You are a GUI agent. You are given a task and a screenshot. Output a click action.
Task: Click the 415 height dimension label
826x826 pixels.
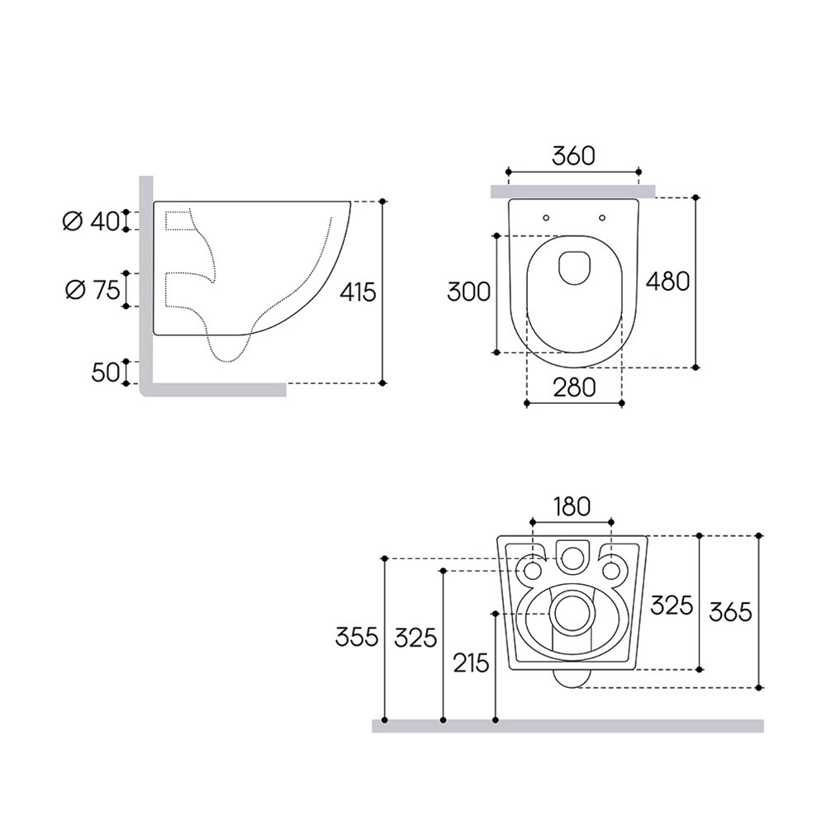(x=358, y=292)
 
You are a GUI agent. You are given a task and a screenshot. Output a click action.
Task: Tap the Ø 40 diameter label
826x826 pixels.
(x=92, y=221)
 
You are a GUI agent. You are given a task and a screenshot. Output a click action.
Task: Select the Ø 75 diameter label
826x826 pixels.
(x=93, y=290)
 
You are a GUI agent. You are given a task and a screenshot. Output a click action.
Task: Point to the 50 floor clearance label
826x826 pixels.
(x=106, y=373)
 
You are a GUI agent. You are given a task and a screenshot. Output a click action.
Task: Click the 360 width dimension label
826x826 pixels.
(x=573, y=155)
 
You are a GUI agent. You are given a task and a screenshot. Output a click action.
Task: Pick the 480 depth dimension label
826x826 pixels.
(x=668, y=282)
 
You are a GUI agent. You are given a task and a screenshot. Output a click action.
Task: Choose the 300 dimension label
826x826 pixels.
(x=468, y=292)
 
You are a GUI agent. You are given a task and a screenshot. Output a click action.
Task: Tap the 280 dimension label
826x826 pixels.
(x=574, y=387)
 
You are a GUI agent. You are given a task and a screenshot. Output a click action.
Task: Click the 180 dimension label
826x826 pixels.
(x=572, y=507)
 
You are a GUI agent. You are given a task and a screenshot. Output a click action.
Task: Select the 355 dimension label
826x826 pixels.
(x=357, y=638)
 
